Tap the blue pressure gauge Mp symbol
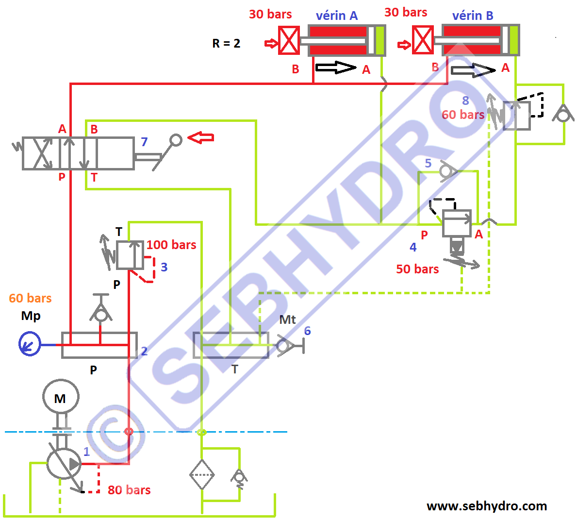point(30,344)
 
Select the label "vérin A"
point(337,16)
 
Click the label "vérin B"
point(473,16)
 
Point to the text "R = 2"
point(226,44)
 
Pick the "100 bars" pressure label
point(171,245)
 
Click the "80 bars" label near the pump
point(129,490)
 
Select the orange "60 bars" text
point(30,298)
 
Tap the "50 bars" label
point(417,269)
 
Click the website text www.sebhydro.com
point(487,506)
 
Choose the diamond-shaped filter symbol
point(202,474)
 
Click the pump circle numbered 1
point(64,463)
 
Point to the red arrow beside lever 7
point(200,138)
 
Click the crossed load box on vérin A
point(289,40)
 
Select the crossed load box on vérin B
point(423,40)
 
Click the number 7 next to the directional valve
point(144,142)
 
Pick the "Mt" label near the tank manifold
point(287,320)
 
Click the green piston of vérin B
point(513,40)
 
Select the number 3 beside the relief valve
point(164,267)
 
